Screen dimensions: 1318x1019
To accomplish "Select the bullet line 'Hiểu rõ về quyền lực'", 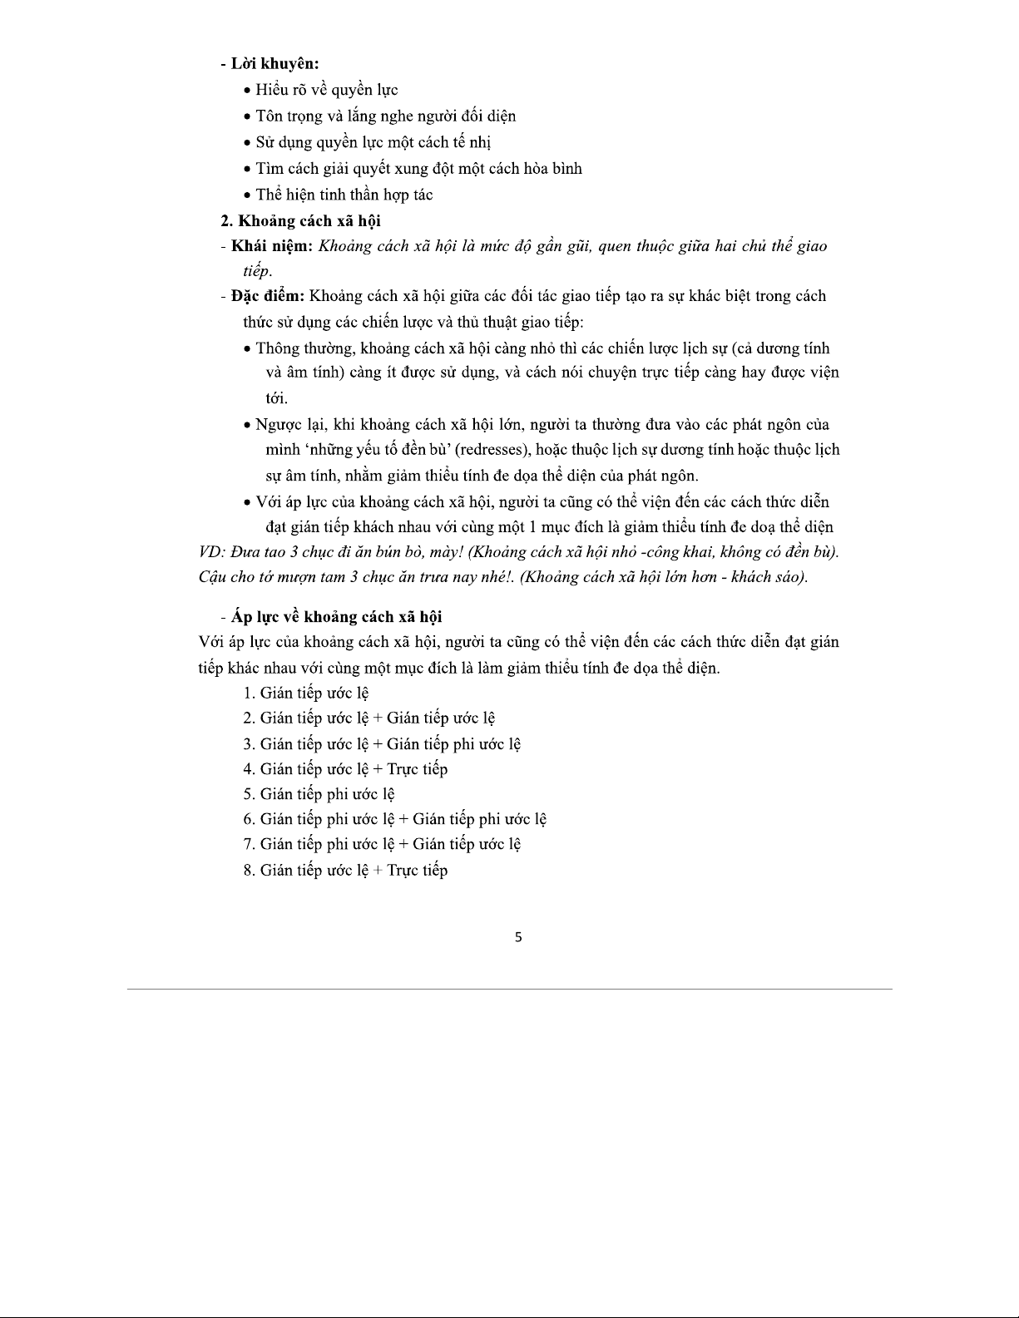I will click(326, 90).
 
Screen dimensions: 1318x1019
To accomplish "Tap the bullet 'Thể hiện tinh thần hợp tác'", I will click(344, 195).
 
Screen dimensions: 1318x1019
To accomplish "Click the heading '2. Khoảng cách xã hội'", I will click(300, 220).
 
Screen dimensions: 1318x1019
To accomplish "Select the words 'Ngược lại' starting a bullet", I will click(290, 425).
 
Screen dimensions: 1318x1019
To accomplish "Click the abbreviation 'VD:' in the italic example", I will click(211, 552).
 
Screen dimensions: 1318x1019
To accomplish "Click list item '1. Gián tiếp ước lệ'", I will click(306, 693).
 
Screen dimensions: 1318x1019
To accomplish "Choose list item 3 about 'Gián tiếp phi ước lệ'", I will click(382, 743).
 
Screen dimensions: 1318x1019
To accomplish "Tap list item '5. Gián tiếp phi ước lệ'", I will click(319, 794).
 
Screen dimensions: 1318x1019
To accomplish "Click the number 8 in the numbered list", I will click(248, 871).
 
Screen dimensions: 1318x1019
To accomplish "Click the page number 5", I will click(518, 937).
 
